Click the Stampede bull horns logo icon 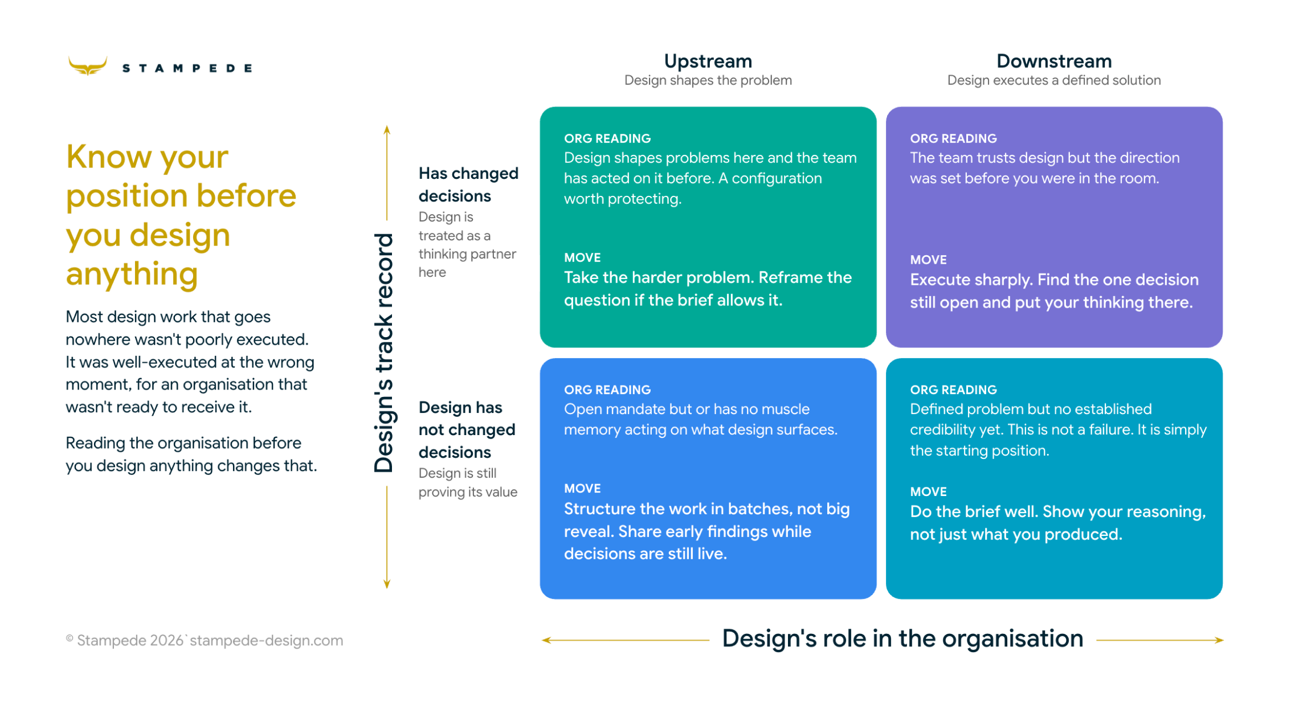(x=87, y=66)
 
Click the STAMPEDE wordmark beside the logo (x=187, y=68)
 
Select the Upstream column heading (x=708, y=61)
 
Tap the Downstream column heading (x=1053, y=61)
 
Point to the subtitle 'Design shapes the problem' (x=708, y=80)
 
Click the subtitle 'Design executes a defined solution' (x=1053, y=80)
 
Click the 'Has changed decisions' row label (x=468, y=185)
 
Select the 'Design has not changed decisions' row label (x=467, y=429)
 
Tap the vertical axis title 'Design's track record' (x=383, y=353)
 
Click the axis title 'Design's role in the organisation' (x=902, y=638)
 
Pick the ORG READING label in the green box (x=607, y=138)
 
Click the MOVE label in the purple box (x=928, y=260)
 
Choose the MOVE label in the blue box (x=582, y=489)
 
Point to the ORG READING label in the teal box (x=953, y=390)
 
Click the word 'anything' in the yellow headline (x=132, y=274)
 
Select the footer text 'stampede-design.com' (x=266, y=641)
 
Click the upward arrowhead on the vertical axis (x=387, y=130)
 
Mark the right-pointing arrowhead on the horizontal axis (x=1219, y=640)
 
